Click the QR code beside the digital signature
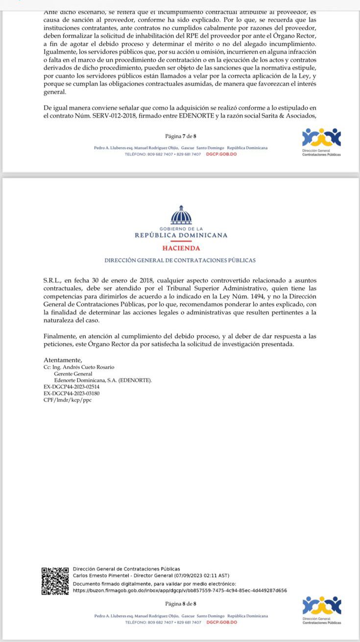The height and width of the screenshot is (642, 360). (55, 581)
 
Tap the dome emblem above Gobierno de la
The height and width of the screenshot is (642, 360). (181, 215)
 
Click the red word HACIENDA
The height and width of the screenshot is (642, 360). (181, 248)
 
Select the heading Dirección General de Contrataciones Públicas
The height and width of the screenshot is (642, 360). (180, 261)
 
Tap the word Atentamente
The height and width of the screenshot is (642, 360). (63, 360)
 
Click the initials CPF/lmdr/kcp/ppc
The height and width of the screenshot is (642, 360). (68, 400)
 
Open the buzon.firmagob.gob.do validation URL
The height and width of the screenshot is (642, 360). (180, 591)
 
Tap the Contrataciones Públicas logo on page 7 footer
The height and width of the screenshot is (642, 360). (321, 141)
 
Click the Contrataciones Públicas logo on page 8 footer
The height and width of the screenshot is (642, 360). (321, 609)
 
